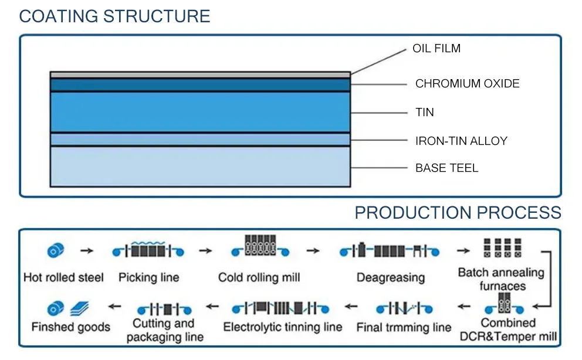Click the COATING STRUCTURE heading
[x=114, y=16]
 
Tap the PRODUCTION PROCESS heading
[x=458, y=212]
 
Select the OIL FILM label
[x=436, y=49]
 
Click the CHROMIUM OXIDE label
[x=467, y=83]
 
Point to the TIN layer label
[x=425, y=112]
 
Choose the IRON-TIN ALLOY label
[x=461, y=141]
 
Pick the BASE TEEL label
[x=446, y=168]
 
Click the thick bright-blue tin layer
[x=200, y=111]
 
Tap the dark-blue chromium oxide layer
[x=200, y=84]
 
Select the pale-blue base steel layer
[x=200, y=167]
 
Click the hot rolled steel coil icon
[x=55, y=251]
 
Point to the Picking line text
[x=148, y=277]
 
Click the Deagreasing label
[x=391, y=277]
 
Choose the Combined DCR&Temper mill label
[x=508, y=330]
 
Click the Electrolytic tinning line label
[x=283, y=327]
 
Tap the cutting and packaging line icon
[x=164, y=308]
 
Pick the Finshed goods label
[x=70, y=327]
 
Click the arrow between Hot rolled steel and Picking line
[x=87, y=251]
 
